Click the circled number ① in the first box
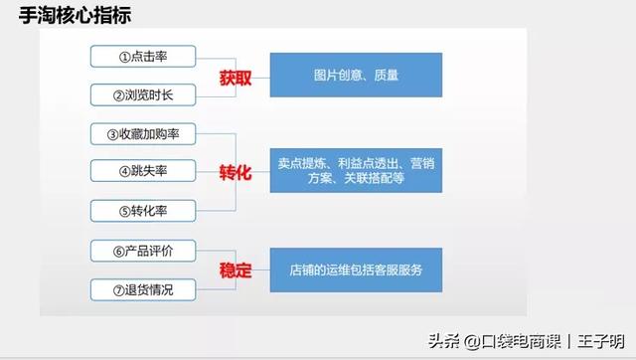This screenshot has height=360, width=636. point(125,56)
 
